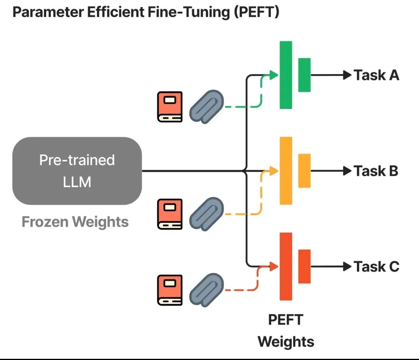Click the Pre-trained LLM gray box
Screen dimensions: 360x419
point(77,171)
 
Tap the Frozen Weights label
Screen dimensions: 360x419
point(75,222)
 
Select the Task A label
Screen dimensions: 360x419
point(376,75)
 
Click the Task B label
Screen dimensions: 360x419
point(376,171)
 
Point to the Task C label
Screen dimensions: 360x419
point(376,267)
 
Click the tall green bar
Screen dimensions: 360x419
point(286,75)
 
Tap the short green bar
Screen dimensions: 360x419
point(305,75)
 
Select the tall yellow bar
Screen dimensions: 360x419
point(286,171)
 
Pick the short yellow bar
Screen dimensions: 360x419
point(305,171)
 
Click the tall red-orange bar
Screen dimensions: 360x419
point(286,267)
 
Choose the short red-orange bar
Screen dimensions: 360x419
point(305,267)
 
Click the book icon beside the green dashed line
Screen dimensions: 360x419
point(170,107)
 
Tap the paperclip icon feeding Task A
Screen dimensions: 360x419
point(206,107)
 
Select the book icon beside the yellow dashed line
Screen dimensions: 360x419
point(170,214)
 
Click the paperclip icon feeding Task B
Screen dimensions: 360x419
point(206,214)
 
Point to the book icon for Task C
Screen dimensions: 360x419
point(170,290)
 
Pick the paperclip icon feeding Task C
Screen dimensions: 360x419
point(206,290)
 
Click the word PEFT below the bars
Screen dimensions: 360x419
point(286,320)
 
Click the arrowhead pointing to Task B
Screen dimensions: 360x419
point(347,171)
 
